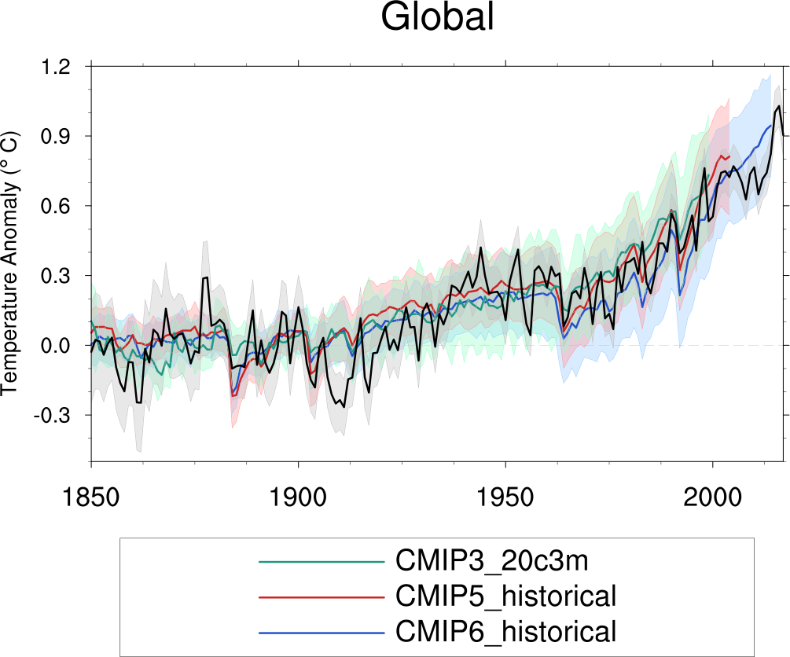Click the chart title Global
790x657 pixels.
pos(438,17)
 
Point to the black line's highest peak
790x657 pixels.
pos(779,105)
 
